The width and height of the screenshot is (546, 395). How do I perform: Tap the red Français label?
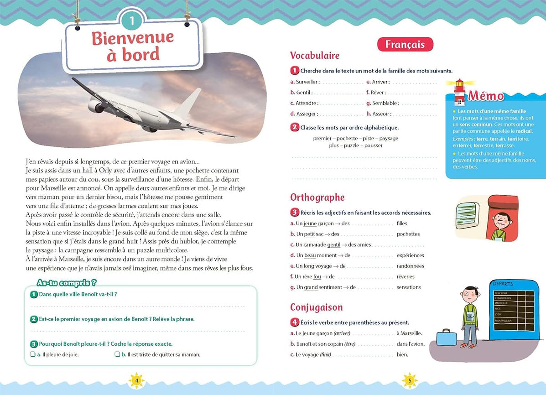click(x=405, y=44)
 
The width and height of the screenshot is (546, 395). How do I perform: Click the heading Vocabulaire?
click(x=315, y=56)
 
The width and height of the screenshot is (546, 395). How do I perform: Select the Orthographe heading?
click(x=317, y=197)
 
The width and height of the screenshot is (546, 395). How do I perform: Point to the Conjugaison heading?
click(x=316, y=307)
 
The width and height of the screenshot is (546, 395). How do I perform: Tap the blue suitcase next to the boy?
click(x=447, y=338)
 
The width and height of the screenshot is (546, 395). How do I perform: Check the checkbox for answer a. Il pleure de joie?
click(x=33, y=354)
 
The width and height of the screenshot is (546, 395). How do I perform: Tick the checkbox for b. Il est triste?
click(x=117, y=354)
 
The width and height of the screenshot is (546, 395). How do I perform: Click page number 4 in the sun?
click(x=136, y=380)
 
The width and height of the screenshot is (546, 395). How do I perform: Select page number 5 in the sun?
click(x=410, y=380)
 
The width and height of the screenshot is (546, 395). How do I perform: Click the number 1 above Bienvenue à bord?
click(x=132, y=21)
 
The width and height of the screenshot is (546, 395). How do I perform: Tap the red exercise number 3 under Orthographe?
click(x=295, y=213)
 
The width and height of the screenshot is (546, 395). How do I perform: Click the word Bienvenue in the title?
click(x=133, y=38)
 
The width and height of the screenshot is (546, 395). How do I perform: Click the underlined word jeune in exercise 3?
click(x=310, y=223)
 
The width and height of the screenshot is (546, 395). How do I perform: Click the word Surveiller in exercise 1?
click(x=307, y=82)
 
